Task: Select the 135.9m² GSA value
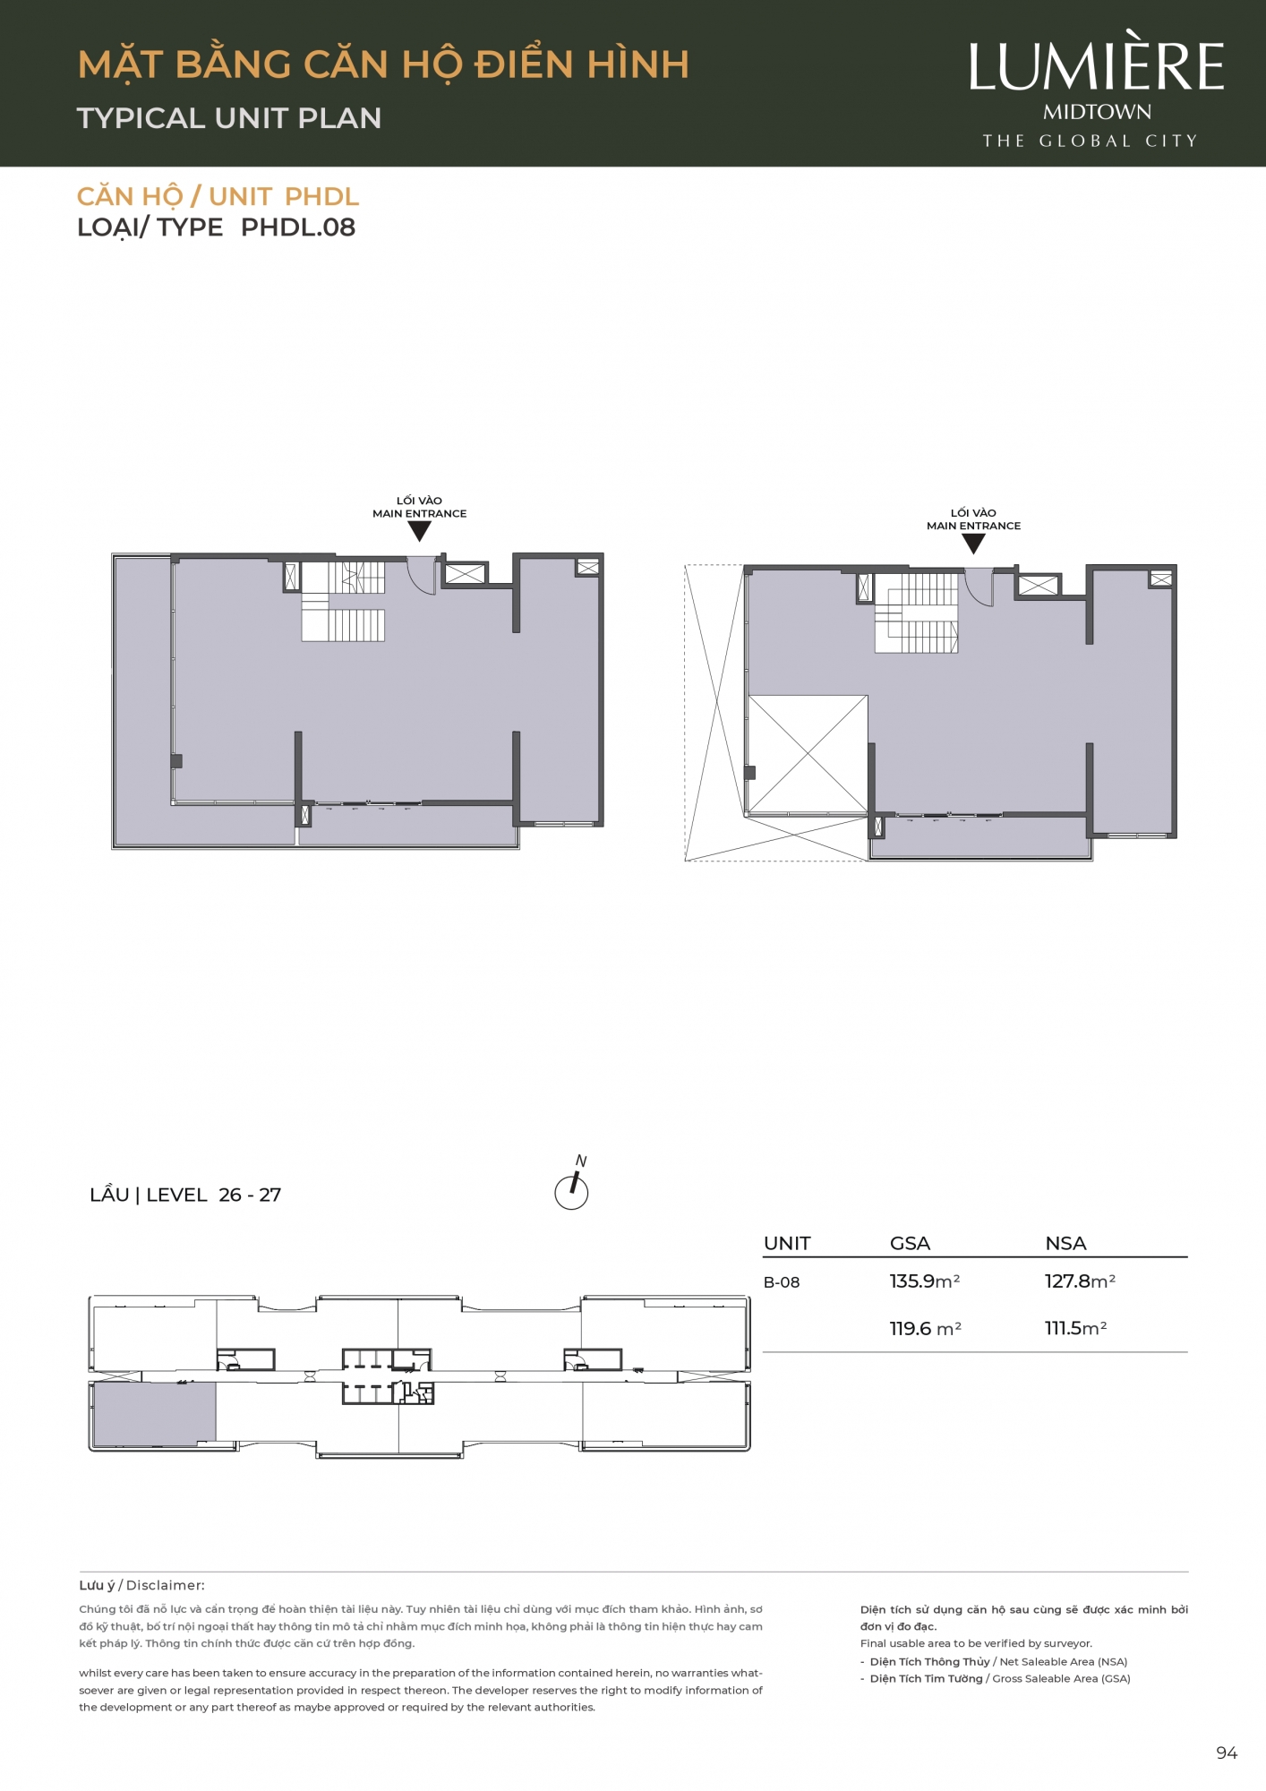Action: point(924,1281)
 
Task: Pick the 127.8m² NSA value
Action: point(1080,1281)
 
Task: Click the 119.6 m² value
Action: point(925,1329)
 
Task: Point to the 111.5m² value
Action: point(1075,1328)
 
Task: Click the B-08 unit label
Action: point(782,1282)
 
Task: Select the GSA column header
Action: point(910,1243)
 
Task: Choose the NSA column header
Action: point(1065,1243)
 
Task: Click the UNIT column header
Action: point(787,1243)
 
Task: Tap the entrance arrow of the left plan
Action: point(419,531)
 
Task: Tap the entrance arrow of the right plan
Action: point(973,544)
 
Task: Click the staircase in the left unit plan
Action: point(343,601)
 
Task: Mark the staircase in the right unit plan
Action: point(916,613)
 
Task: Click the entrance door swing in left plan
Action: point(422,575)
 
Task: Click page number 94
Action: point(1227,1752)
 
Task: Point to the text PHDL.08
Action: point(298,227)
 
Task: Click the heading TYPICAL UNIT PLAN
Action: point(229,118)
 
